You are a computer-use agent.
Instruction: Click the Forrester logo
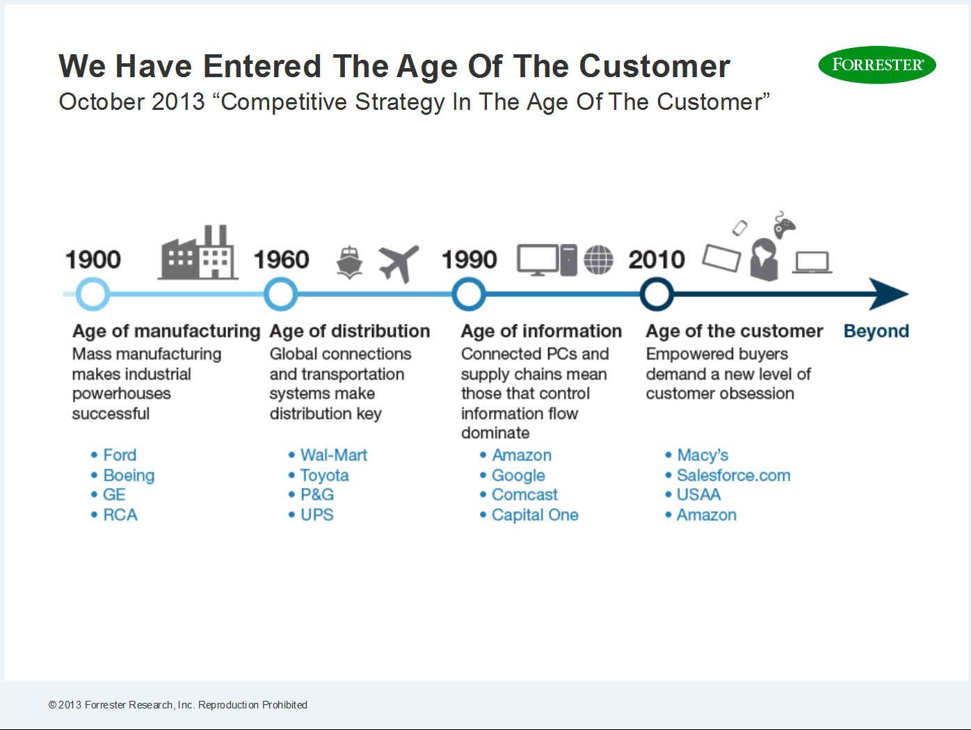click(877, 65)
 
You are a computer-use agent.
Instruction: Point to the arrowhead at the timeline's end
click(889, 294)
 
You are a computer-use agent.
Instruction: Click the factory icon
click(198, 252)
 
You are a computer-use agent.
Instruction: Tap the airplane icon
click(399, 263)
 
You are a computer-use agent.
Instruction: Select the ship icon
click(349, 263)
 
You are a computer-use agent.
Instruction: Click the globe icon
click(598, 260)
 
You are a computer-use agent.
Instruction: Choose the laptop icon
click(812, 263)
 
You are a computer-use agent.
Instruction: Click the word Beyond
click(876, 331)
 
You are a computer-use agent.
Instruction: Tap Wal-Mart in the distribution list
click(334, 455)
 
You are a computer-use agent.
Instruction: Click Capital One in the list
click(535, 514)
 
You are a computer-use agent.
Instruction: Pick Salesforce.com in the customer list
click(733, 476)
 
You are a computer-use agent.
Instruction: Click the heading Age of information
click(541, 331)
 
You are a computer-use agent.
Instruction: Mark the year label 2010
click(657, 259)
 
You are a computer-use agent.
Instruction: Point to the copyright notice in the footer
click(178, 705)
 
